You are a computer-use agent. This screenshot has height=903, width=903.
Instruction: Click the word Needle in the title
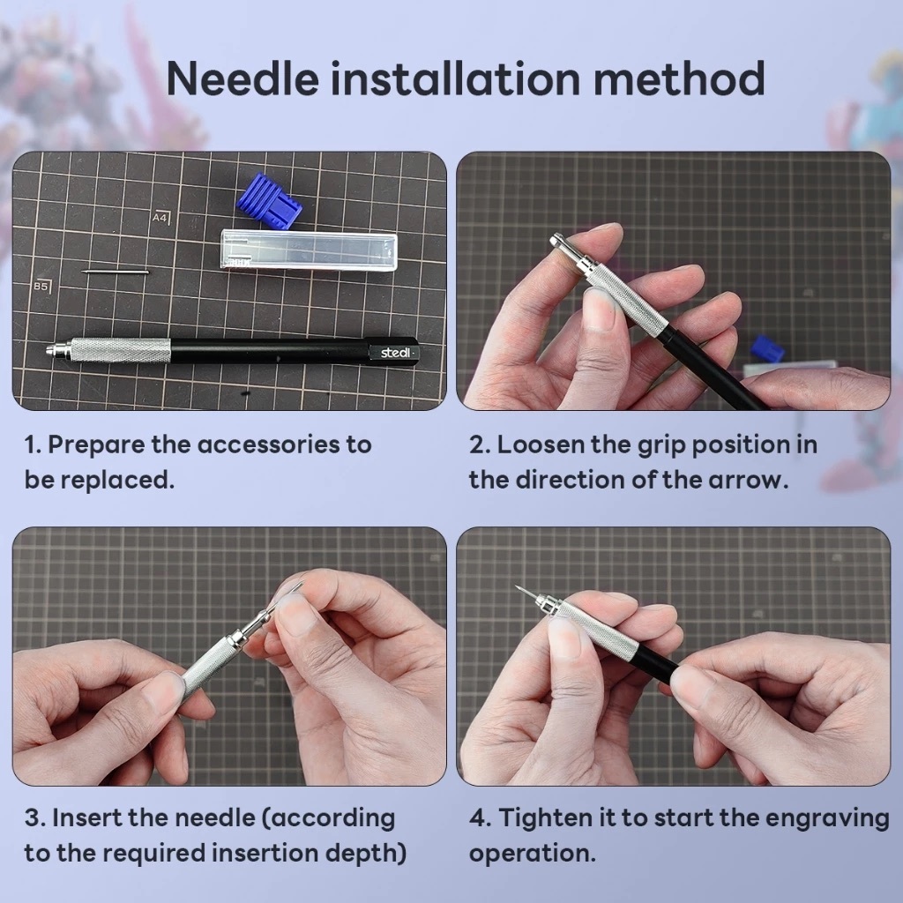(x=243, y=78)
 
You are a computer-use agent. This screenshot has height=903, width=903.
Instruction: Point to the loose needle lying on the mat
(x=116, y=272)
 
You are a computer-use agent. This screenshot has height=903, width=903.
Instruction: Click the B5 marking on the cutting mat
(x=41, y=286)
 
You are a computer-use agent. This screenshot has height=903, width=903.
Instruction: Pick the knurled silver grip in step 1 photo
(x=120, y=350)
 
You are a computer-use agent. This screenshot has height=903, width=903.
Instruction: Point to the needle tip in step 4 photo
(x=517, y=588)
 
